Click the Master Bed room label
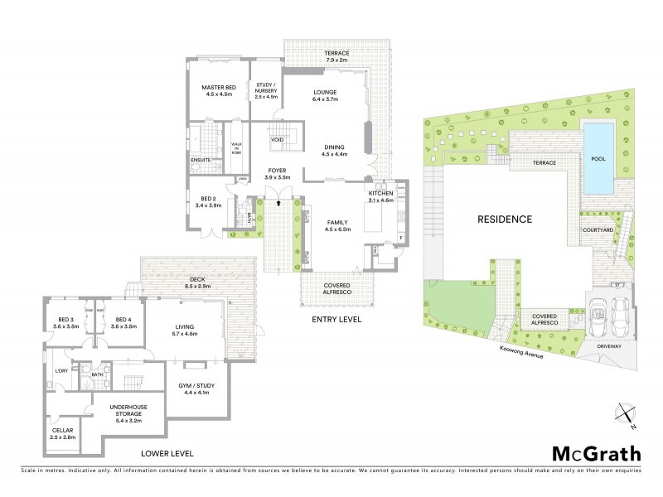point(219,89)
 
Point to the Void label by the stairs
point(278,140)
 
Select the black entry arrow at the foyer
point(279,200)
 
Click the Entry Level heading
point(336,319)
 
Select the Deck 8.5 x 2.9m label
point(196,283)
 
